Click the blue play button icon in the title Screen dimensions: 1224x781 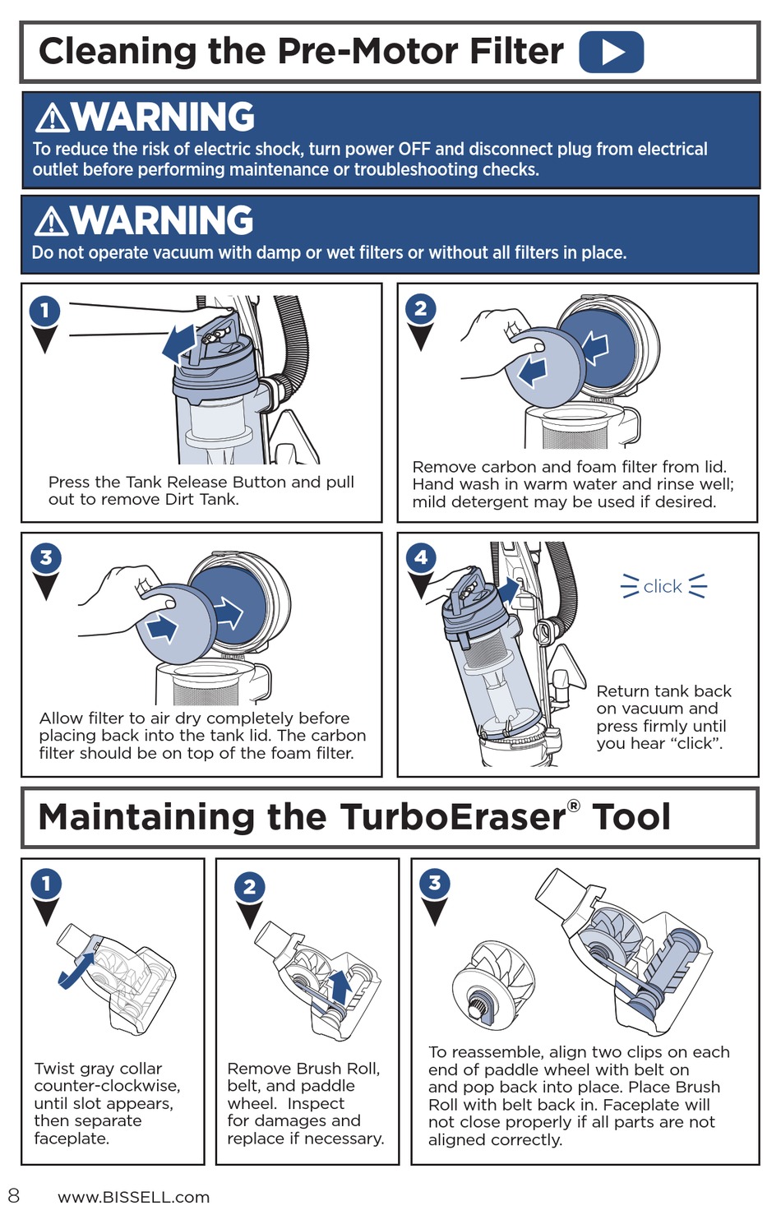pos(611,52)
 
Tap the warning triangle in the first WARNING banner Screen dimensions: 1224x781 pos(53,118)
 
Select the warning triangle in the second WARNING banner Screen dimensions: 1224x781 pos(51,221)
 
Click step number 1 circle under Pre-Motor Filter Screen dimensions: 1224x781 pos(44,311)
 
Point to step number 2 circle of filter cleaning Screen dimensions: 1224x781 pos(420,308)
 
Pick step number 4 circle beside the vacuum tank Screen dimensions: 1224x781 pos(421,557)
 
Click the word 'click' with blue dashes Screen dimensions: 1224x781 pos(663,586)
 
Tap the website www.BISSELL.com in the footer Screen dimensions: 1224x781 pos(133,1197)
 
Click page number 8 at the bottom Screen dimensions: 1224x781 pos(14,1195)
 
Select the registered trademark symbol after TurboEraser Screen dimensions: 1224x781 pos(573,806)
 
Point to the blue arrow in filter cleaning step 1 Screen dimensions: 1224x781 pos(179,343)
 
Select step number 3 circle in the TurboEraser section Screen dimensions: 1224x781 pos(434,883)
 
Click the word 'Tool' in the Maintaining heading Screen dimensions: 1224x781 pos(631,817)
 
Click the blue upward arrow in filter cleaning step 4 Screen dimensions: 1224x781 pos(510,590)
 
